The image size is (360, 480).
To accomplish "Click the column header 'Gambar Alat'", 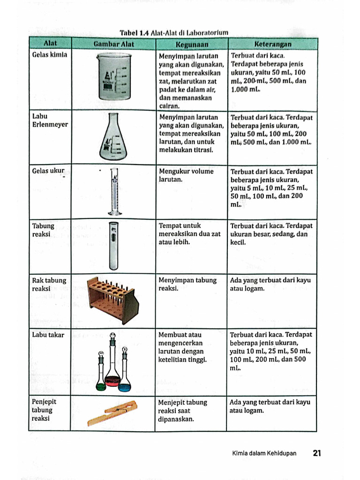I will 113,44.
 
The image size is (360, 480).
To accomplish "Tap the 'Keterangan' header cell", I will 272,44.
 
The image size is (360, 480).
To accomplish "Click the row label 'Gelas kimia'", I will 49,55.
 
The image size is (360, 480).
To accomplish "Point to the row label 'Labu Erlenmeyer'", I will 50,120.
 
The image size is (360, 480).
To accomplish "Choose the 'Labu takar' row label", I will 48,335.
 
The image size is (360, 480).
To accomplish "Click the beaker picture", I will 114,76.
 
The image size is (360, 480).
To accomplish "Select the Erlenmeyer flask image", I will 113,137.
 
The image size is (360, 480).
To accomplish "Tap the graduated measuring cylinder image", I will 114,191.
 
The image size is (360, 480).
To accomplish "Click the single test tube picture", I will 113,246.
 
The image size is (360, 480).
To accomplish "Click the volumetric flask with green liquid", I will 101,373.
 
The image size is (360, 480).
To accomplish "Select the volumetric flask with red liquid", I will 112,366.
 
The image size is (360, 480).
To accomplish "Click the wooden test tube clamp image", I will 112,412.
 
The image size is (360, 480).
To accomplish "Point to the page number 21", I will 316,453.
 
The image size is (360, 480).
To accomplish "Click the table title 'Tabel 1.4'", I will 134,33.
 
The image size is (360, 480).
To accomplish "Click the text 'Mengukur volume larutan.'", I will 186,175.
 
